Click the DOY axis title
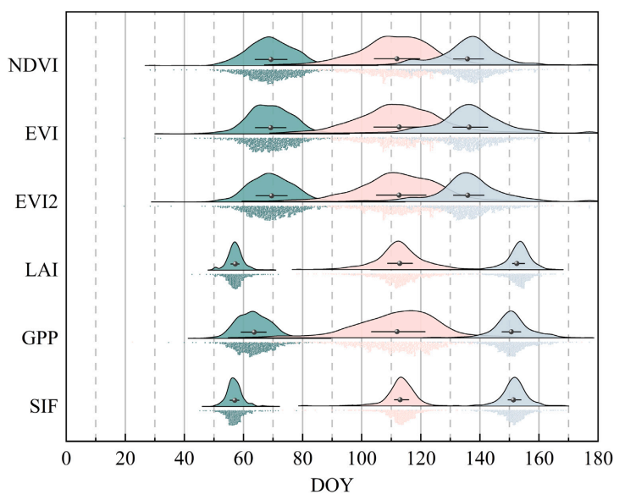(x=331, y=486)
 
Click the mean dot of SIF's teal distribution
(x=234, y=399)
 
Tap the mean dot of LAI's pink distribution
(x=400, y=263)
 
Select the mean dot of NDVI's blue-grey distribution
(x=467, y=59)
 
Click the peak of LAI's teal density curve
(x=235, y=243)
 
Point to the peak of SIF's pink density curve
(x=401, y=377)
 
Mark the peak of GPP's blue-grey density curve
(x=511, y=312)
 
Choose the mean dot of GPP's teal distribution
(x=254, y=332)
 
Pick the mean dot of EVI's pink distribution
(x=399, y=127)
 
